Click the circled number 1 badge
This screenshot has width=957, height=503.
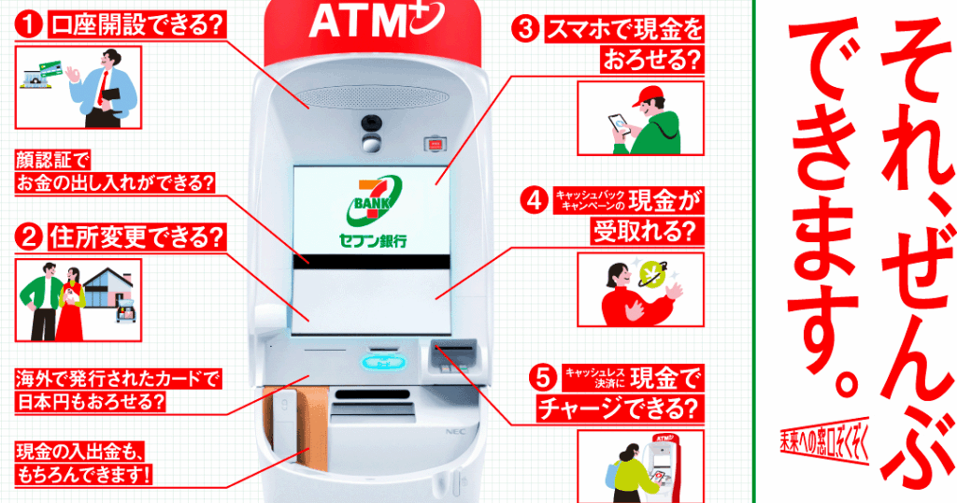click(x=29, y=25)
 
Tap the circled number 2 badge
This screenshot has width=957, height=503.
click(x=29, y=237)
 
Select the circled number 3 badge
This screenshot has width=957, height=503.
click(x=525, y=29)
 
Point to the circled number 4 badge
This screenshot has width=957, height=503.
click(x=536, y=200)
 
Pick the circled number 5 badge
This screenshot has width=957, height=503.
click(x=543, y=379)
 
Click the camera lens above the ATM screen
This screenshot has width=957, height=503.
click(x=370, y=122)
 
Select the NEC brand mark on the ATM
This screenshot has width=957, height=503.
click(x=455, y=432)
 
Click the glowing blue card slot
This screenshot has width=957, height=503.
click(x=383, y=363)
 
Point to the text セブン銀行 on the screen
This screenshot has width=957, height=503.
click(x=373, y=241)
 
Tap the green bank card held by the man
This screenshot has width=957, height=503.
click(x=51, y=68)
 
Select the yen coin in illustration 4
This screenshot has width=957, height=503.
click(x=652, y=273)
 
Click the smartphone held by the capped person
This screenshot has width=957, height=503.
click(x=619, y=124)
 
